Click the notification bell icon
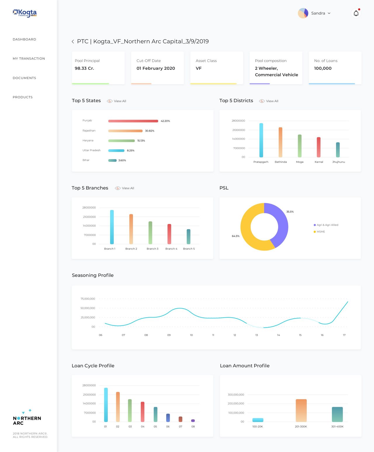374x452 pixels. click(356, 13)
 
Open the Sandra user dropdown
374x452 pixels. click(321, 13)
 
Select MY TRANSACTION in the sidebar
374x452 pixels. click(29, 58)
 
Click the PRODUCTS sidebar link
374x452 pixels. click(23, 97)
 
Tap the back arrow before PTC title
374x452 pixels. click(73, 41)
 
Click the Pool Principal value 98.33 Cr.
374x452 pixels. click(84, 68)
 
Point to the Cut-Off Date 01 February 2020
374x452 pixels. click(155, 68)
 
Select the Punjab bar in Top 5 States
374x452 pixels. click(133, 121)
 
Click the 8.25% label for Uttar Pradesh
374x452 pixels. click(131, 150)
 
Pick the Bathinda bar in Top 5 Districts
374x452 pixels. click(280, 142)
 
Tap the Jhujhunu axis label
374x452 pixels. click(338, 162)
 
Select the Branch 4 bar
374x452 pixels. click(169, 234)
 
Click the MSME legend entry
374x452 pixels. click(319, 232)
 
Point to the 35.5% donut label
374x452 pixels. click(290, 212)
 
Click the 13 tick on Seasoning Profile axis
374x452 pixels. click(257, 335)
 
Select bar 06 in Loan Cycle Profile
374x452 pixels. click(168, 418)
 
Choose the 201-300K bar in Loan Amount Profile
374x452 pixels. click(301, 410)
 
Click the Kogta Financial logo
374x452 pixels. click(25, 13)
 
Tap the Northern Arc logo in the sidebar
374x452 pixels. click(27, 417)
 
